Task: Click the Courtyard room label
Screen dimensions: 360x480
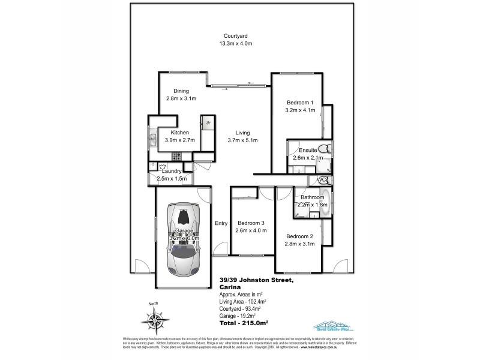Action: click(x=234, y=35)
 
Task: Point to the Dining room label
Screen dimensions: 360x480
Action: click(x=181, y=91)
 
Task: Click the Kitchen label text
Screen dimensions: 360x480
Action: click(x=180, y=133)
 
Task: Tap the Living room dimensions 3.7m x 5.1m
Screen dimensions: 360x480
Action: click(x=242, y=141)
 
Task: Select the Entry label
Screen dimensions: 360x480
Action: click(x=221, y=223)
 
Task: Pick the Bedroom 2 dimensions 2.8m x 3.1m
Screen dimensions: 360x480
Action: click(x=300, y=244)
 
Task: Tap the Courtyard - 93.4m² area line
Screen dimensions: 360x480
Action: click(x=238, y=309)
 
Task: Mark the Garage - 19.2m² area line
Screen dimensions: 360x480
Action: click(x=235, y=316)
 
